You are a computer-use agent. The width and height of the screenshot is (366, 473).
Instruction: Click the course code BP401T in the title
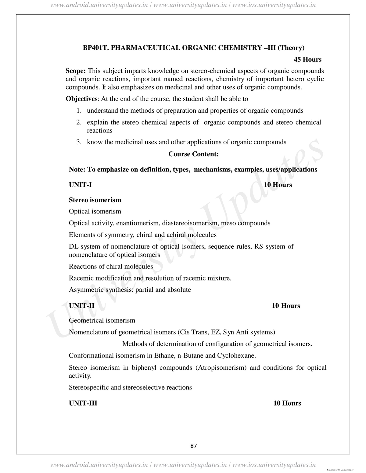(x=94, y=48)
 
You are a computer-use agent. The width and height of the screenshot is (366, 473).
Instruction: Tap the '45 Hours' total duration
(x=307, y=59)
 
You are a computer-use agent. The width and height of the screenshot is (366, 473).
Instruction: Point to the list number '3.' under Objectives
(x=79, y=142)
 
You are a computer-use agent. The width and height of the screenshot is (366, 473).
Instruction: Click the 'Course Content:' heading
(x=193, y=154)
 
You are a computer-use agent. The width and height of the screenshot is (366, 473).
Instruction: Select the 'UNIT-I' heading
(x=80, y=185)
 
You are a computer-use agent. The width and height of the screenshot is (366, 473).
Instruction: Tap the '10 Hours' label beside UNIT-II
(x=286, y=306)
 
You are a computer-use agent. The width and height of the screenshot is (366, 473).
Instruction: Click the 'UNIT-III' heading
(x=83, y=403)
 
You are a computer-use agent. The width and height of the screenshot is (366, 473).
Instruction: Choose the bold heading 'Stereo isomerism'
(x=95, y=200)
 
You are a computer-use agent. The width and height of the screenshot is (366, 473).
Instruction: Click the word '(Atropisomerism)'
(x=221, y=368)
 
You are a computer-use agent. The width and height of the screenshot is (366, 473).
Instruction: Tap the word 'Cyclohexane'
(x=236, y=356)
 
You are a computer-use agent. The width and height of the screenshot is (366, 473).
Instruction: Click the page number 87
(x=193, y=446)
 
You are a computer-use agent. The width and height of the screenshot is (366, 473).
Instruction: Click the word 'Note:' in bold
(x=77, y=170)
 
